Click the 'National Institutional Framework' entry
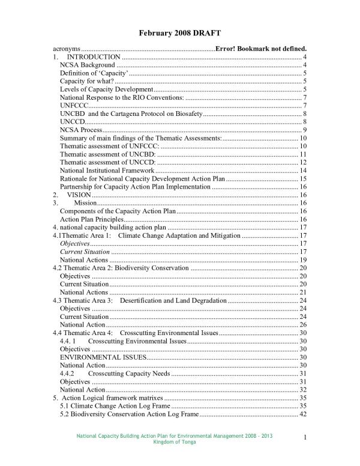point(107,171)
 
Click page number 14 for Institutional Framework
point(303,171)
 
